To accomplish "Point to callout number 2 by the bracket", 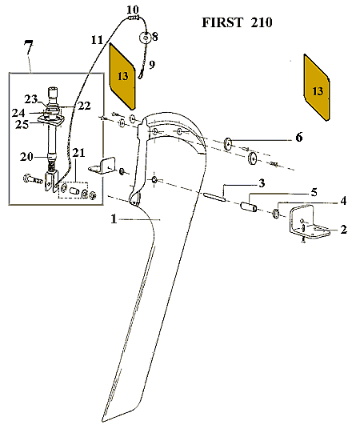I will pyautogui.click(x=343, y=230).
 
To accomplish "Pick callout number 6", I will pyautogui.click(x=299, y=138).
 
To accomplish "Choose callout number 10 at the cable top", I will pyautogui.click(x=132, y=9).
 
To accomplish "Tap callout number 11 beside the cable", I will pyautogui.click(x=97, y=39).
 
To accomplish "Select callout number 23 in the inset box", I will pyautogui.click(x=30, y=99).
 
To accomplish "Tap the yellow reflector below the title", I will pyautogui.click(x=317, y=88).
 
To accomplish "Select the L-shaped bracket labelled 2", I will pyautogui.click(x=307, y=225).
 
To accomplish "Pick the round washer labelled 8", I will pyautogui.click(x=146, y=38).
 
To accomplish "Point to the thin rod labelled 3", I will pyautogui.click(x=218, y=197).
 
